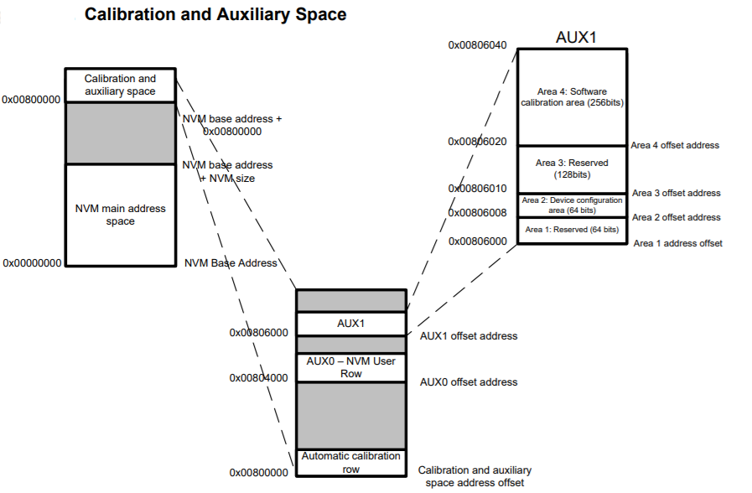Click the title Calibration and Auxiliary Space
tap(215, 14)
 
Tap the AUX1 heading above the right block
tap(576, 38)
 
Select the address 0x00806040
tap(477, 45)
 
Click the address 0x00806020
tap(477, 142)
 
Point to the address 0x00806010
tap(477, 189)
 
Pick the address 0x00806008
tap(477, 213)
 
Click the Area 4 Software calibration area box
tap(572, 96)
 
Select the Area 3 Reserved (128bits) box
tap(572, 169)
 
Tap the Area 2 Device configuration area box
tap(572, 205)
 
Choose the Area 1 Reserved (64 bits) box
tap(572, 230)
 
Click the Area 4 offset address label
tap(675, 145)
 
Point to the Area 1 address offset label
tap(677, 243)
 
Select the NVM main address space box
tap(121, 215)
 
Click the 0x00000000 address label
tap(32, 262)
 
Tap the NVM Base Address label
tap(231, 262)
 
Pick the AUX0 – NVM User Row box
tap(351, 367)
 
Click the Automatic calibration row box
tap(351, 463)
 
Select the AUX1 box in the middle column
tap(351, 323)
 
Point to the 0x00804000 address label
tap(258, 377)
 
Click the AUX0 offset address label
tap(469, 382)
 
